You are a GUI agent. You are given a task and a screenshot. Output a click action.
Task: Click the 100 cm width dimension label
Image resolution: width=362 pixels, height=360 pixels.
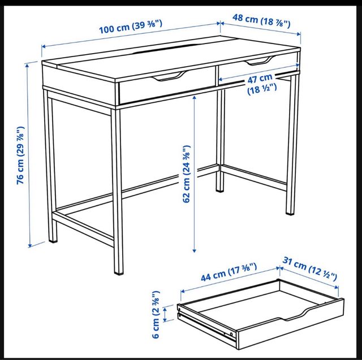tap(131, 27)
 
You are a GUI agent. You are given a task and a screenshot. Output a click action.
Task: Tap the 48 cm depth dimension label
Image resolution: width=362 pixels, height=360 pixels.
tap(261, 21)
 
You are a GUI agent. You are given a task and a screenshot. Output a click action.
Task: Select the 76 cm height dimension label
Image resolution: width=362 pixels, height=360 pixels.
tap(20, 155)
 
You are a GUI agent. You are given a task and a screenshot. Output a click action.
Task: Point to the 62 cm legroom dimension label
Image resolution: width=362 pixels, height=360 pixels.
tap(187, 174)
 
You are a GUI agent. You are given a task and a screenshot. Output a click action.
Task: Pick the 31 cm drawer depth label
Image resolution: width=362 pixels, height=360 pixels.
tap(310, 269)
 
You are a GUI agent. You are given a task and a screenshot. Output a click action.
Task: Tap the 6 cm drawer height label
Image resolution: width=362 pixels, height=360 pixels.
tap(156, 315)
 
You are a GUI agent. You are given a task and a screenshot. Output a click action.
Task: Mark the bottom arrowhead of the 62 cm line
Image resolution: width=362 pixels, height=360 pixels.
tap(194, 250)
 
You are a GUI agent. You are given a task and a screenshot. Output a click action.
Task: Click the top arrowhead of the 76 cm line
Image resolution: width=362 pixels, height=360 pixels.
tap(27, 66)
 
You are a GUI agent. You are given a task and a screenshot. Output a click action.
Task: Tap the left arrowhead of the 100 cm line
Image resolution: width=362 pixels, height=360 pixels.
tap(44, 46)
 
